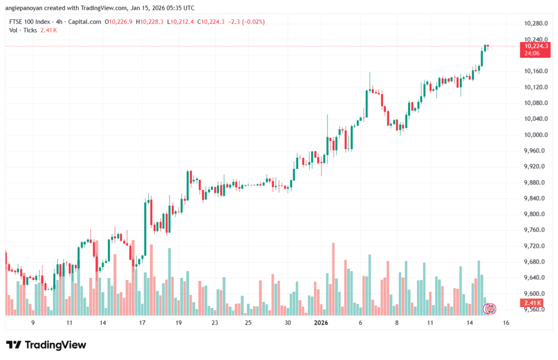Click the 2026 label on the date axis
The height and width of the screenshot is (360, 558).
coord(321,323)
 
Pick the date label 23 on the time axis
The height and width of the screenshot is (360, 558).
coord(215,323)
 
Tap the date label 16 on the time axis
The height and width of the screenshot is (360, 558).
coord(506,323)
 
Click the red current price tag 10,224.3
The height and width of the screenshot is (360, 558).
coord(536,46)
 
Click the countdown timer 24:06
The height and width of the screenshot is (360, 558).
coord(533,53)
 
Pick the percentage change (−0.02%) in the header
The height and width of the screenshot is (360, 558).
coord(252,22)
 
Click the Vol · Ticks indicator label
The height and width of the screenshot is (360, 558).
coord(23,30)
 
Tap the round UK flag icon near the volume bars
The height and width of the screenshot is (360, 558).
coord(490,309)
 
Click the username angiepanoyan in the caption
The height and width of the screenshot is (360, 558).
coord(25,8)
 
